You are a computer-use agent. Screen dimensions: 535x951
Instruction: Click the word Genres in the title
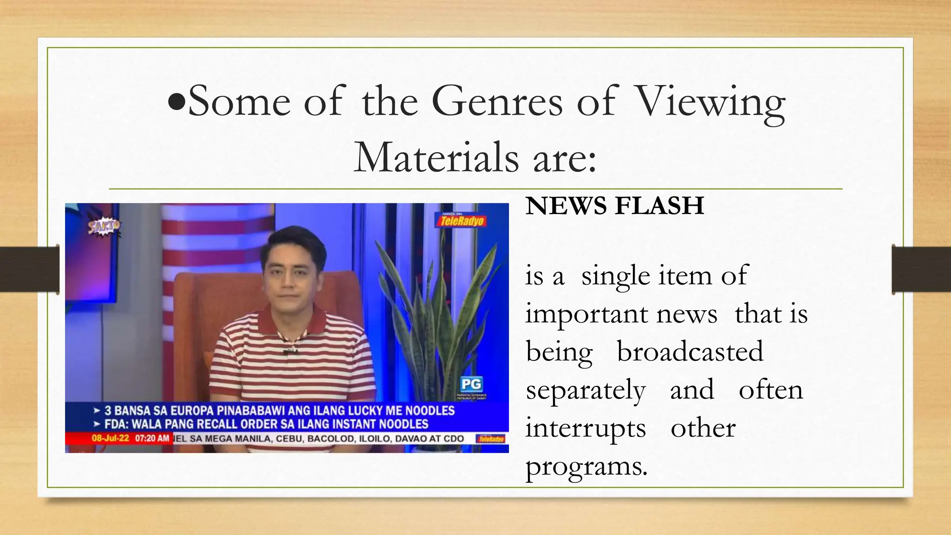click(x=496, y=102)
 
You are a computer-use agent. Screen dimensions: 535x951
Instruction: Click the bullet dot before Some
click(x=177, y=103)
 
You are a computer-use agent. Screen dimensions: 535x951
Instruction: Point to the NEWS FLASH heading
click(x=614, y=206)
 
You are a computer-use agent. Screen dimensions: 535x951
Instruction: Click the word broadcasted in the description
click(x=690, y=352)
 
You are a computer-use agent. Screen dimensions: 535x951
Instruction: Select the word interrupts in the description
click(x=586, y=428)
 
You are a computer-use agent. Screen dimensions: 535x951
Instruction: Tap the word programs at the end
click(x=586, y=466)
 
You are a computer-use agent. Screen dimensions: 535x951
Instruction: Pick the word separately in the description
click(x=586, y=390)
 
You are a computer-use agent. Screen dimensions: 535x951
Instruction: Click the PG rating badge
click(x=471, y=384)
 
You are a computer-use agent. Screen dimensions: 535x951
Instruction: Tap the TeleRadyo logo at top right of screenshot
click(x=461, y=220)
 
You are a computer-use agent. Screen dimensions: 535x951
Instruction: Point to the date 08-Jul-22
click(x=111, y=438)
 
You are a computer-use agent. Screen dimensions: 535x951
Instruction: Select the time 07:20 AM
click(x=152, y=438)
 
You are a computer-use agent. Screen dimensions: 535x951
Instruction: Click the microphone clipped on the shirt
click(x=290, y=351)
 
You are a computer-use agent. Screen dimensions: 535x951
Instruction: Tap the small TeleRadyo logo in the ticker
click(x=491, y=439)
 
